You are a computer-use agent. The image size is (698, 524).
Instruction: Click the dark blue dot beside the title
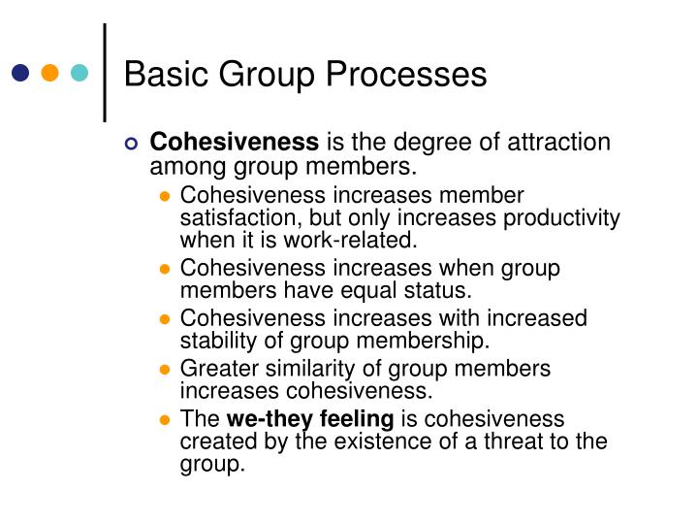[20, 72]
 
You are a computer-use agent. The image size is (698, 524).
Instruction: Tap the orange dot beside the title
[50, 72]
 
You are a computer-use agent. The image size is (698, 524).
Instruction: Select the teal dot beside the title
[79, 72]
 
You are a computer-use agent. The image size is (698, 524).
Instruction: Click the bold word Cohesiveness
[235, 143]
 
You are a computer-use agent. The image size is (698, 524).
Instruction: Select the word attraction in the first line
[561, 143]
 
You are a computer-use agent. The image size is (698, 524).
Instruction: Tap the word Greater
[220, 369]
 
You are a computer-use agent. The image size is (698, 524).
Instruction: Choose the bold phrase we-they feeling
[309, 419]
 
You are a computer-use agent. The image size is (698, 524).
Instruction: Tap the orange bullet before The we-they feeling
[165, 420]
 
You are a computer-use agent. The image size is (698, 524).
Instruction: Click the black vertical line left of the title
[105, 72]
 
